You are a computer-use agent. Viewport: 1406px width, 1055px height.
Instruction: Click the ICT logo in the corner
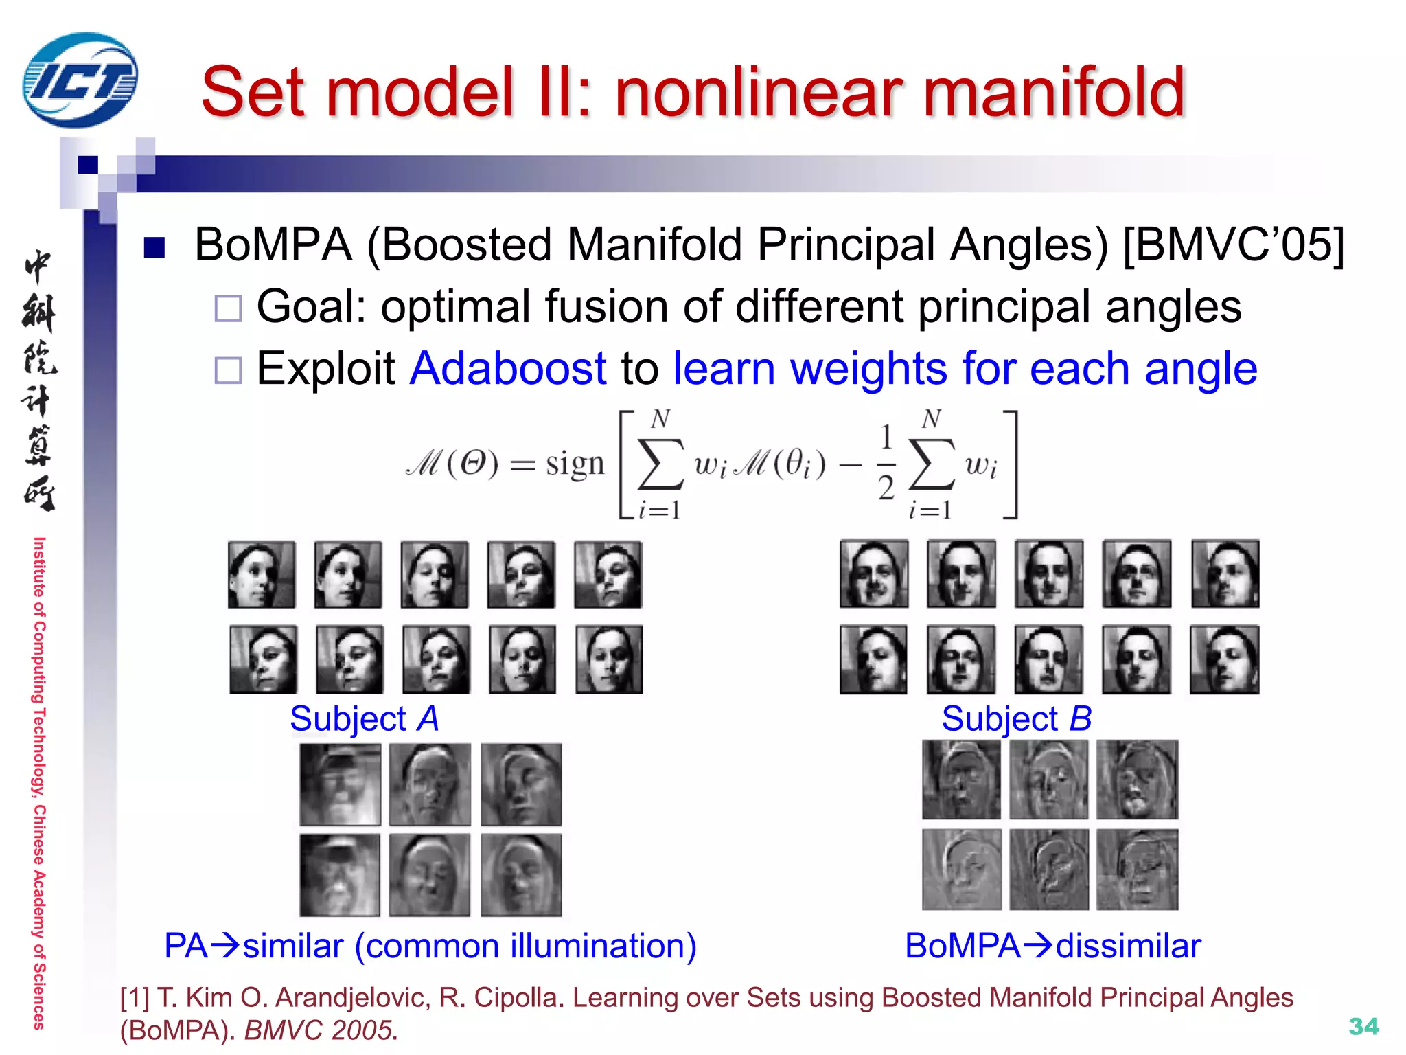80,81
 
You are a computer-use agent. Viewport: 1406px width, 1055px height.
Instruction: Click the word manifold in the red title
1054,93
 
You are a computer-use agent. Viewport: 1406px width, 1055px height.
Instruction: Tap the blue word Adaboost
508,369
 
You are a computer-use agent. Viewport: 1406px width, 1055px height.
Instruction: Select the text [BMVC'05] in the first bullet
1233,245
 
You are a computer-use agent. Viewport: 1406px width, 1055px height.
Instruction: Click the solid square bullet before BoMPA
154,247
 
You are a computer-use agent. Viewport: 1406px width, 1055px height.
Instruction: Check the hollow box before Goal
228,308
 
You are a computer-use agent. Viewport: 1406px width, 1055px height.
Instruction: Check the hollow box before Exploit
228,370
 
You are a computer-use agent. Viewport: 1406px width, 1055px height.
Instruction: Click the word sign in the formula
575,464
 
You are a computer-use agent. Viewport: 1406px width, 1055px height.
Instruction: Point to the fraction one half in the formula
886,462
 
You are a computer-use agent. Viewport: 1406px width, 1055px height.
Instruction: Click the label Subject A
364,719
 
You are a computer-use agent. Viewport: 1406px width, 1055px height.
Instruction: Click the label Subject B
1016,719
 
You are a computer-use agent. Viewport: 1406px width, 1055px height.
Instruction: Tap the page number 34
1363,1026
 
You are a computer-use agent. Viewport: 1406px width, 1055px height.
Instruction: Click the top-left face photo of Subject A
262,575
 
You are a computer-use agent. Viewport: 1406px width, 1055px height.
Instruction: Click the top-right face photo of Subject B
1225,574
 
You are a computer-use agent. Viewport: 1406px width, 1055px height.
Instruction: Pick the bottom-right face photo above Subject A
609,659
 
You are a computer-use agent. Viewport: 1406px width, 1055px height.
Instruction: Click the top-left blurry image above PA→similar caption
340,784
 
